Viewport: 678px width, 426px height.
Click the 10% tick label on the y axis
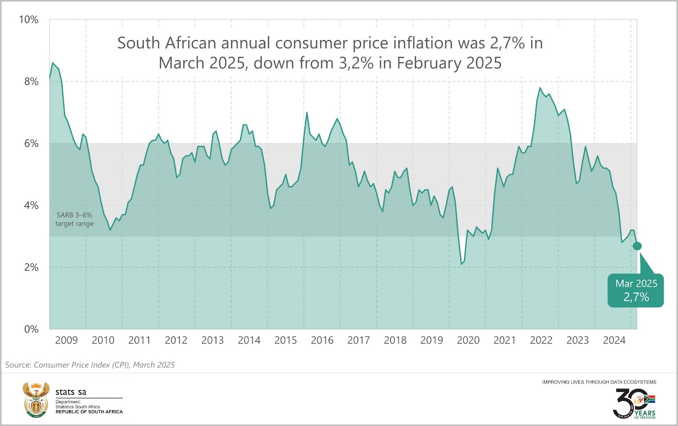(x=29, y=20)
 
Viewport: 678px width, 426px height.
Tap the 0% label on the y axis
(x=31, y=329)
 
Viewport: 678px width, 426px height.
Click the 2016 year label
(x=322, y=340)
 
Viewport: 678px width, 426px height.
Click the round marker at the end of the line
(x=637, y=246)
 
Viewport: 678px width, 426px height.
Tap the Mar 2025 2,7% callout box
(x=636, y=291)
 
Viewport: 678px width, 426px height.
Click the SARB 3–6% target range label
(x=75, y=220)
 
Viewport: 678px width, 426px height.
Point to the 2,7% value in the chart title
(x=495, y=43)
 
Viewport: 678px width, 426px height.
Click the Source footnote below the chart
(x=90, y=365)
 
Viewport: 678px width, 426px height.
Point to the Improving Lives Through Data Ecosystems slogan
(x=599, y=382)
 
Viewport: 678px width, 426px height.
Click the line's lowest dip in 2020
(x=461, y=264)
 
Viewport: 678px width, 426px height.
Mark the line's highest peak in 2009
(x=53, y=63)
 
